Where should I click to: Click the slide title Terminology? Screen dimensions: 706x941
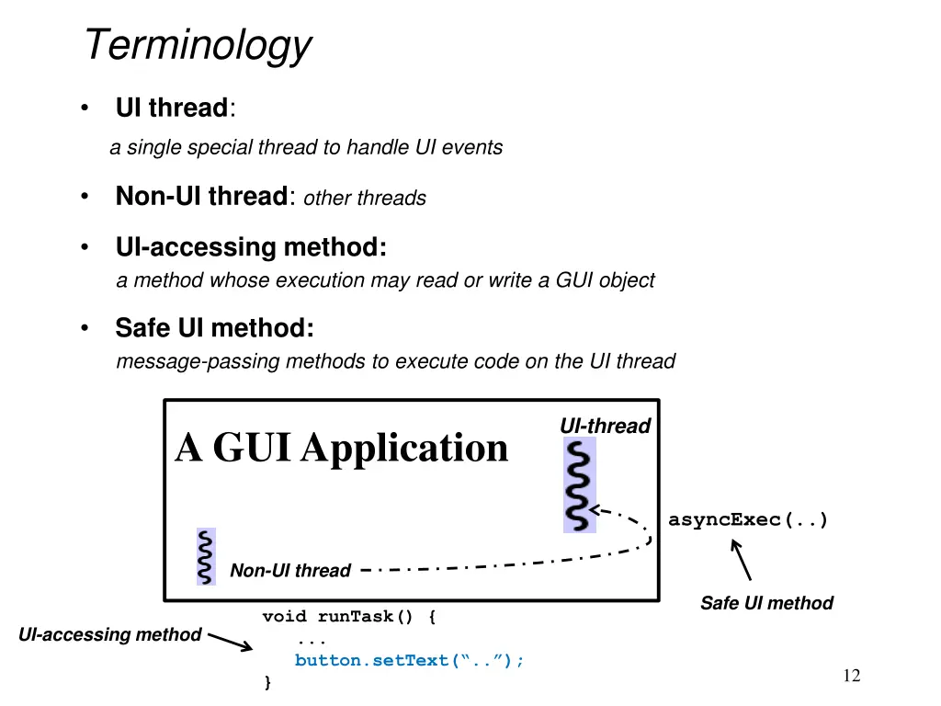pos(198,45)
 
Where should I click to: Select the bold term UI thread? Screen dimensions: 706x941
pos(171,108)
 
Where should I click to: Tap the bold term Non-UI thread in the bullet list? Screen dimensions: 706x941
pos(201,197)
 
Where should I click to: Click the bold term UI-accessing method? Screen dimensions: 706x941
pos(251,247)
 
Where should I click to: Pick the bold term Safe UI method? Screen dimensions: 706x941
pos(214,328)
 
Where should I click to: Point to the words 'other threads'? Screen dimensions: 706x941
pos(365,199)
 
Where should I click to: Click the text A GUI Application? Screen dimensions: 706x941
pos(342,448)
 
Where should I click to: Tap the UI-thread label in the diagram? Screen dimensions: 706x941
pos(605,426)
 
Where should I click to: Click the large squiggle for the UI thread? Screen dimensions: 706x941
pos(579,484)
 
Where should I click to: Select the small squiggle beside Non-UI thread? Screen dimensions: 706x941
pos(206,557)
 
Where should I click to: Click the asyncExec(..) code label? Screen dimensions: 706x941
pos(748,520)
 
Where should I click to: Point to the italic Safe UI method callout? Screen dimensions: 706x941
pos(766,603)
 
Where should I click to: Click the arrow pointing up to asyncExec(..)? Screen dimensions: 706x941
pos(741,559)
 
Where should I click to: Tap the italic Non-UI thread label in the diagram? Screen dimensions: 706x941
pos(289,571)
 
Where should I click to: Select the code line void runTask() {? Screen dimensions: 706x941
pos(349,617)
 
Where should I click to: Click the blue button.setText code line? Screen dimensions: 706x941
pos(409,661)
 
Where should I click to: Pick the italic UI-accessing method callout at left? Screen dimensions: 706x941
pos(109,634)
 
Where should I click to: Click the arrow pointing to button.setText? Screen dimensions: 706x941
pos(230,641)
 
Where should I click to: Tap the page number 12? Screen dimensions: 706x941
pos(852,677)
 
